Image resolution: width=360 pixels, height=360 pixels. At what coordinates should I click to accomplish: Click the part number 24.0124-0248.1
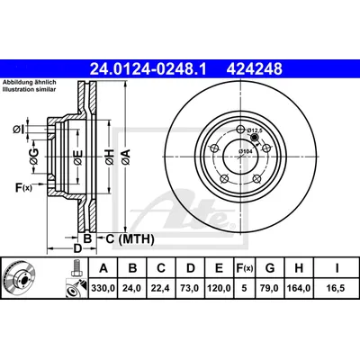point(148,68)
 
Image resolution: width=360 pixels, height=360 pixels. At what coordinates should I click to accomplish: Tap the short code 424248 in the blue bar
point(255,68)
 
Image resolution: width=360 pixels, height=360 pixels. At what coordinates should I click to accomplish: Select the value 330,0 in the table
point(103,288)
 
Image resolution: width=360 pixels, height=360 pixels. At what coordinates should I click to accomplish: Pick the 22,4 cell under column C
point(161,288)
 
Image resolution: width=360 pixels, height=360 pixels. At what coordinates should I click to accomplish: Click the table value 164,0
point(299,288)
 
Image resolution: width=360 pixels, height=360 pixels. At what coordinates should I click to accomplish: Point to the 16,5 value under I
point(337,288)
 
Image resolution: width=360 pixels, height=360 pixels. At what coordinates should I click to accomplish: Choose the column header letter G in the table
point(270,268)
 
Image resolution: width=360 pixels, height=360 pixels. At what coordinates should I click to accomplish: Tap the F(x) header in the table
point(244,268)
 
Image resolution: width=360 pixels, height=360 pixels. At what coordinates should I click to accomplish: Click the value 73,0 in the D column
point(190,288)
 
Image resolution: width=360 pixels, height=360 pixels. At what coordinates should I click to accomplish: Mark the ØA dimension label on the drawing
point(125,157)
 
